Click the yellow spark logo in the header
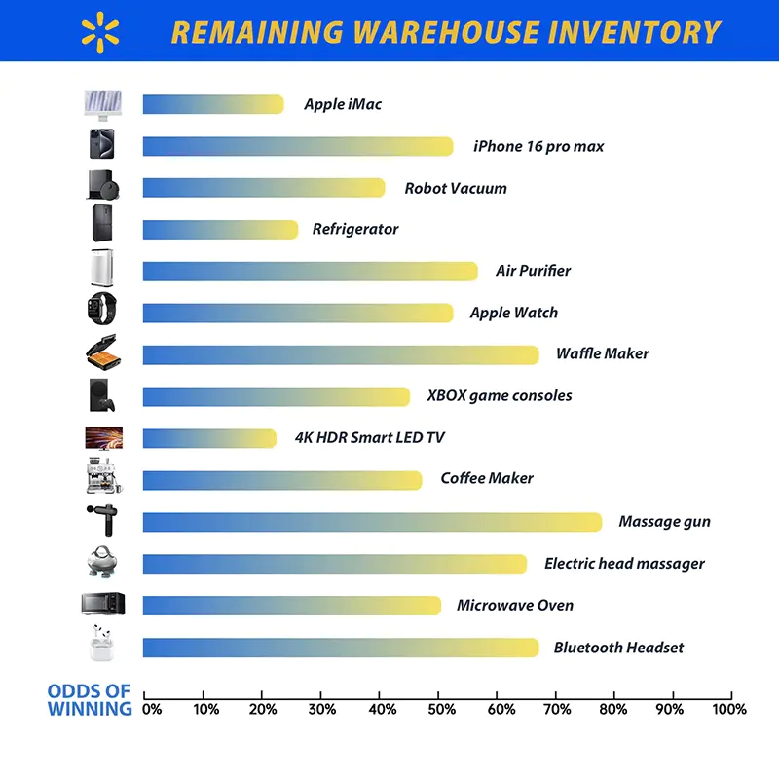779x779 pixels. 101,30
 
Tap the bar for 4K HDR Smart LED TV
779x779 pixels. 209,438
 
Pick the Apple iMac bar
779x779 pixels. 213,104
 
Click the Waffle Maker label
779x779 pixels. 602,354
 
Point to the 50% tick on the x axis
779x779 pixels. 438,696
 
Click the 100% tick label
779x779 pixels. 729,710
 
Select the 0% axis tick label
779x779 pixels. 152,710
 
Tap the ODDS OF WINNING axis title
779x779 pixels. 90,700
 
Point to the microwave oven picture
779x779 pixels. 103,605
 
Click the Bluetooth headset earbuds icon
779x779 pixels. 102,646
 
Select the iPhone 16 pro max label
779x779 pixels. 538,146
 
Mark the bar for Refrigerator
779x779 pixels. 220,230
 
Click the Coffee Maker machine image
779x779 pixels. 102,478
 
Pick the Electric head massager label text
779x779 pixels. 624,563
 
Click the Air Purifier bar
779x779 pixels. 310,271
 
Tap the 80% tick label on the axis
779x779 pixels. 612,710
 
